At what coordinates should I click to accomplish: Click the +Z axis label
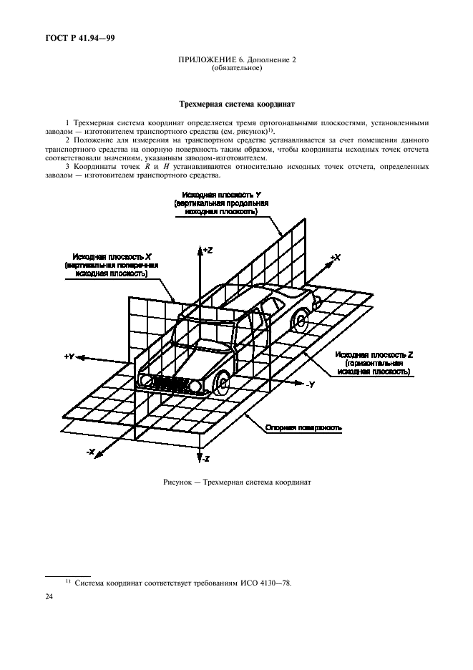tap(208, 250)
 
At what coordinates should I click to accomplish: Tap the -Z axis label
tap(205, 457)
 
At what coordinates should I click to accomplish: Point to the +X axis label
tap(335, 257)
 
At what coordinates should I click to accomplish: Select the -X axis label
tap(92, 452)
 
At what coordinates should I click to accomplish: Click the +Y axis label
tap(69, 356)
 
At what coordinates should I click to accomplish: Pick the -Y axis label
tap(310, 384)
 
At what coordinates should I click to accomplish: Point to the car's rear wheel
tap(301, 318)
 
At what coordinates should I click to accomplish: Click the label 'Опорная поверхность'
tap(303, 427)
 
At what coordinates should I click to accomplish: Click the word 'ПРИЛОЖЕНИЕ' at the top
tap(208, 59)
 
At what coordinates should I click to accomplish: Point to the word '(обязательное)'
tap(237, 69)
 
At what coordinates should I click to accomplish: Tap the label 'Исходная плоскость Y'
tap(220, 195)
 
